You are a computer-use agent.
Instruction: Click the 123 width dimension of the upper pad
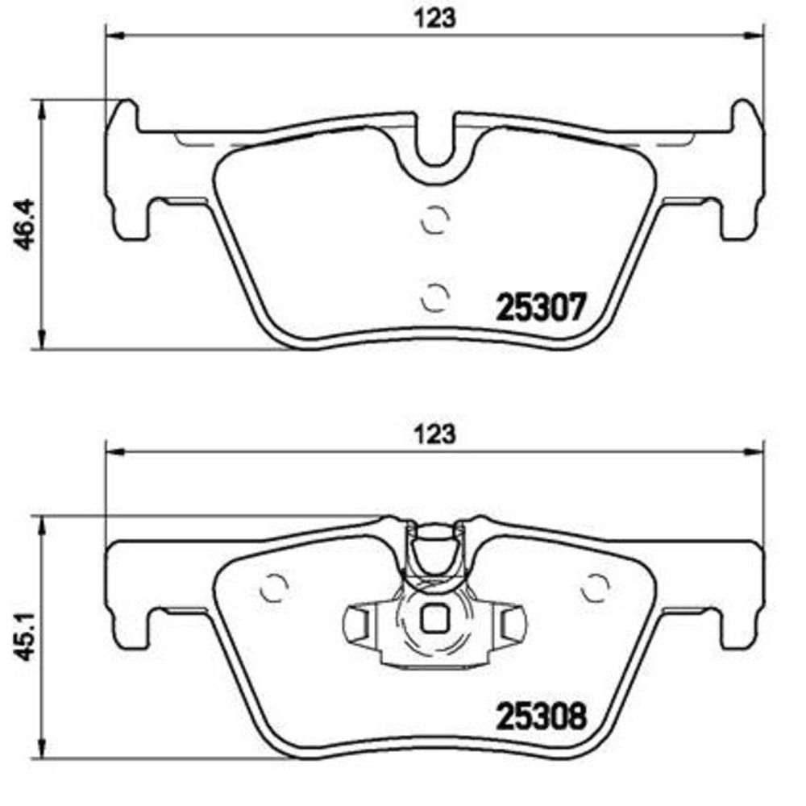[435, 19]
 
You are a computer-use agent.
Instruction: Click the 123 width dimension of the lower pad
[435, 434]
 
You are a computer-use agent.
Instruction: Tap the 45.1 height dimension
[23, 635]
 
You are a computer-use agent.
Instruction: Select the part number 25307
[540, 307]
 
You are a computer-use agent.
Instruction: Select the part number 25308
[540, 716]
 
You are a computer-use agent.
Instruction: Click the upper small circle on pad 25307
[435, 219]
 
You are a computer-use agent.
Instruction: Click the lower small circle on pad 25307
[435, 297]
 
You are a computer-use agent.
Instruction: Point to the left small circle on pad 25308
[274, 587]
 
